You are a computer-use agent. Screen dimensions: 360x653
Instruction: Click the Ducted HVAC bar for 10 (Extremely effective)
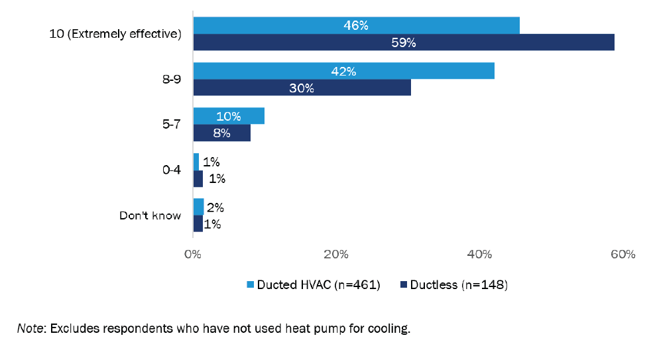356,25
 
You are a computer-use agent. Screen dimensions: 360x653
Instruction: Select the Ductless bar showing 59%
403,42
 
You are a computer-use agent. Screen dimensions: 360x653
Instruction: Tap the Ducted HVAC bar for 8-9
343,71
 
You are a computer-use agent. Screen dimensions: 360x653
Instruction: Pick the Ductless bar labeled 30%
302,88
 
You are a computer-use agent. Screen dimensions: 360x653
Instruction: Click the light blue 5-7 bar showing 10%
229,116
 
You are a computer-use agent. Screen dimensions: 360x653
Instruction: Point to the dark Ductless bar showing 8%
221,133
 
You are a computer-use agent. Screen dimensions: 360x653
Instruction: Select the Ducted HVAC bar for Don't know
198,207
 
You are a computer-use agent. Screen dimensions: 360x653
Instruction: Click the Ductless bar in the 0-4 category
198,178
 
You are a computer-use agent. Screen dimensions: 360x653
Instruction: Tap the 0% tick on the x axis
193,254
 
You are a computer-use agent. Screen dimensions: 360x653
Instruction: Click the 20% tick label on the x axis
336,254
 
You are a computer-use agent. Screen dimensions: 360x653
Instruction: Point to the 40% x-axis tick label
479,254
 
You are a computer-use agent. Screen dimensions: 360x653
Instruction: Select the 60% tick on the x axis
623,254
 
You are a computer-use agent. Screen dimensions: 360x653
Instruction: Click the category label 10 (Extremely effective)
115,34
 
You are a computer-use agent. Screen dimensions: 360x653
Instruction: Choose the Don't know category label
150,215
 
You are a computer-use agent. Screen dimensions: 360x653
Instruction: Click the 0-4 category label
171,170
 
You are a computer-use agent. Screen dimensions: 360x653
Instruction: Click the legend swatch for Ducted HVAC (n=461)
251,284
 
